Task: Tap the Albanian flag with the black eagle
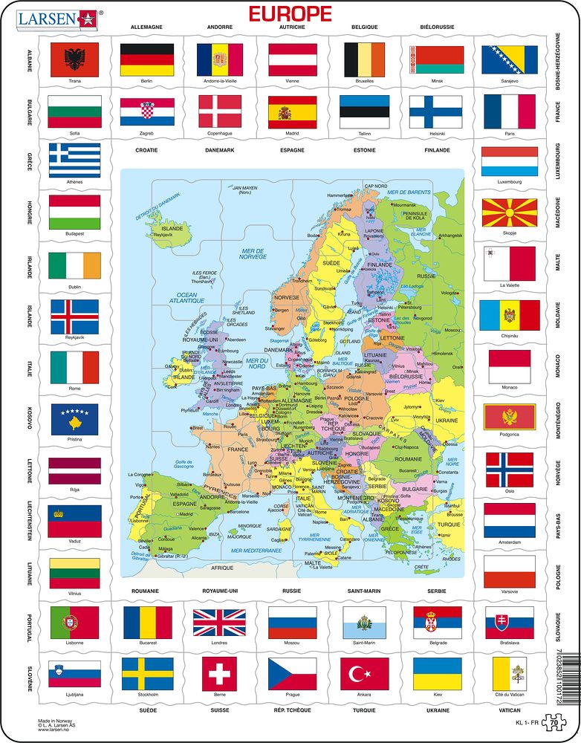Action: (x=74, y=59)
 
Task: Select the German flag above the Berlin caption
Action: (x=146, y=59)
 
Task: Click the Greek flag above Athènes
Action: (x=74, y=160)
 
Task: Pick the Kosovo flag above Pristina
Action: (x=74, y=420)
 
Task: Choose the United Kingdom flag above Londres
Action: (x=219, y=623)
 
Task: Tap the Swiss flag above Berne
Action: (x=219, y=674)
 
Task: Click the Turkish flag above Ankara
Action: (x=365, y=674)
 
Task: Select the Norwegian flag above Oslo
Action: (x=510, y=470)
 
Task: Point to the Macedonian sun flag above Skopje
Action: (x=510, y=212)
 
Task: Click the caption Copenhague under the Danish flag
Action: (x=219, y=134)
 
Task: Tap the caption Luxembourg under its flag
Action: (x=510, y=181)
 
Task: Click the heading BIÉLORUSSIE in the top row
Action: (x=438, y=27)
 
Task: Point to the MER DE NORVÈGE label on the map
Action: (x=253, y=255)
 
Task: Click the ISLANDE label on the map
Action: (x=172, y=228)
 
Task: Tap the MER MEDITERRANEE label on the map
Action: (x=256, y=551)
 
